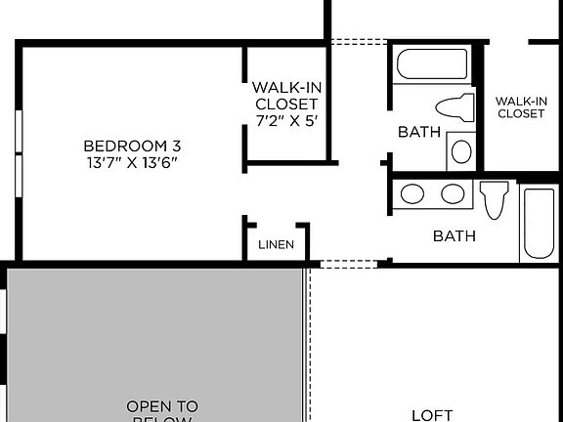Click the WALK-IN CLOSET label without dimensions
[520, 106]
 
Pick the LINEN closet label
[277, 244]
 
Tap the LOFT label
[432, 414]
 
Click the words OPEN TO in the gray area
[162, 405]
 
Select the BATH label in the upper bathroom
[419, 132]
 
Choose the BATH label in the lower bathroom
[455, 235]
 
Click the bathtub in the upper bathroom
[433, 64]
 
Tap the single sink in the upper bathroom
[461, 151]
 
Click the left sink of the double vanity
[412, 193]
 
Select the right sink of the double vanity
[452, 193]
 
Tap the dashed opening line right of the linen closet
[349, 263]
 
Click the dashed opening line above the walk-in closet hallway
[359, 42]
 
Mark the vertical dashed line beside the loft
[310, 342]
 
